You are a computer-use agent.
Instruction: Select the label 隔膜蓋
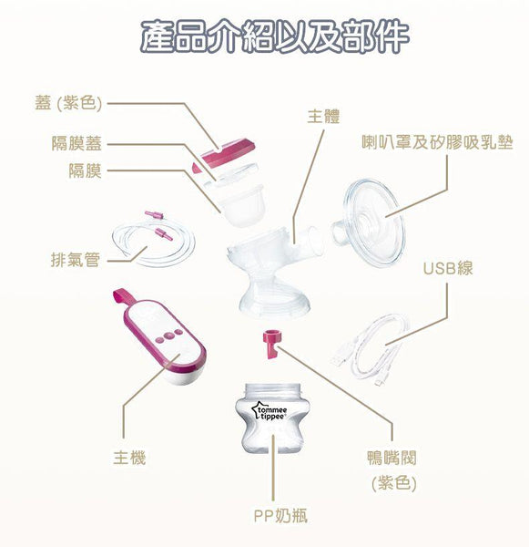(76, 143)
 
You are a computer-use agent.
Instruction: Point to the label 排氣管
(75, 261)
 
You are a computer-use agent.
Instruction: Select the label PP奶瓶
(280, 516)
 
